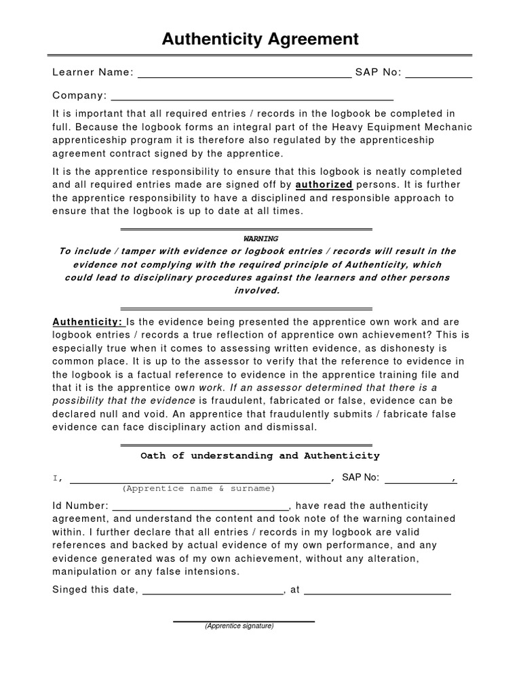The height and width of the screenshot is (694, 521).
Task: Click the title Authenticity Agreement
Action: coord(260,39)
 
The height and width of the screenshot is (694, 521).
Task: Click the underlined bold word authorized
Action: coord(324,184)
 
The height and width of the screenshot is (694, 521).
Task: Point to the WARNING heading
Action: coord(260,239)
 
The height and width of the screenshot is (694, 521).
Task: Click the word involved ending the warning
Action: coord(256,291)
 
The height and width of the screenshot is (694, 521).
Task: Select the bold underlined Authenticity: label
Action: coord(87,322)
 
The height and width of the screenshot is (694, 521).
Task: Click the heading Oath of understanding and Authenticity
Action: coord(260,456)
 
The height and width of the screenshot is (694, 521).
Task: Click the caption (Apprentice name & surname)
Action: coord(199,489)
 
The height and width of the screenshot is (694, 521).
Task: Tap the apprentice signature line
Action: coord(244,619)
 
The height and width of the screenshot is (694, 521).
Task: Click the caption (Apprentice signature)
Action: coord(239,626)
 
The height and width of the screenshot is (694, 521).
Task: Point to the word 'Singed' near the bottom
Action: coord(71,590)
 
